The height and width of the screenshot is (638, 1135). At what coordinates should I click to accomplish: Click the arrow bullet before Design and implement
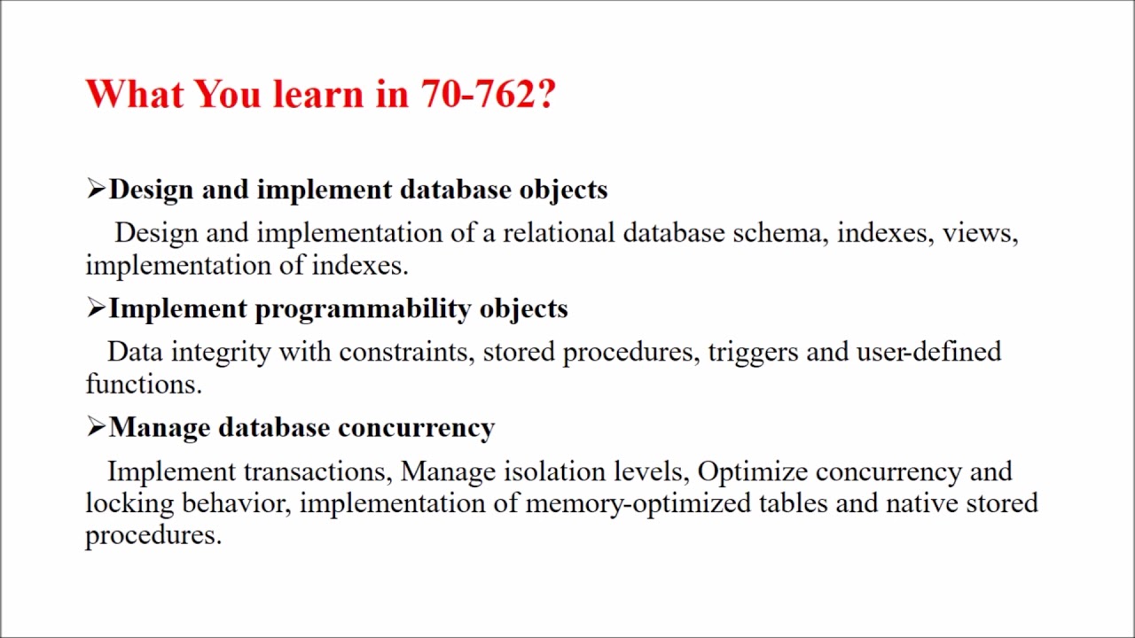click(x=96, y=189)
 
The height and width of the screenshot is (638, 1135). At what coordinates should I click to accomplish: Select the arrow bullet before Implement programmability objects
click(x=96, y=307)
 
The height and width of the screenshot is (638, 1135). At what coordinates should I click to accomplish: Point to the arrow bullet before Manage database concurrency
click(x=96, y=427)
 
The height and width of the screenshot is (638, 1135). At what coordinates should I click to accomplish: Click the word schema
click(x=779, y=233)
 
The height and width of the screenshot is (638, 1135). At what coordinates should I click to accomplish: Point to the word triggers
click(x=753, y=353)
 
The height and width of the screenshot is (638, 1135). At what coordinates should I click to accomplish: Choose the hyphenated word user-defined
click(x=928, y=352)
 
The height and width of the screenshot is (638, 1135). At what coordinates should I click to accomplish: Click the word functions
click(x=143, y=384)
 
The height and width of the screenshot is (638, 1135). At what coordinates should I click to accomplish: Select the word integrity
click(x=221, y=353)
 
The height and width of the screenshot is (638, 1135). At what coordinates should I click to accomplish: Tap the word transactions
click(x=317, y=471)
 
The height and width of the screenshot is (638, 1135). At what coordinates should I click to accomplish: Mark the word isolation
click(x=555, y=471)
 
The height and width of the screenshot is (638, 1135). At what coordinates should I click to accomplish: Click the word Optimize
click(x=753, y=472)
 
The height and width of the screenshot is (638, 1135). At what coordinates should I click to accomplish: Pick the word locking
click(x=129, y=503)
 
